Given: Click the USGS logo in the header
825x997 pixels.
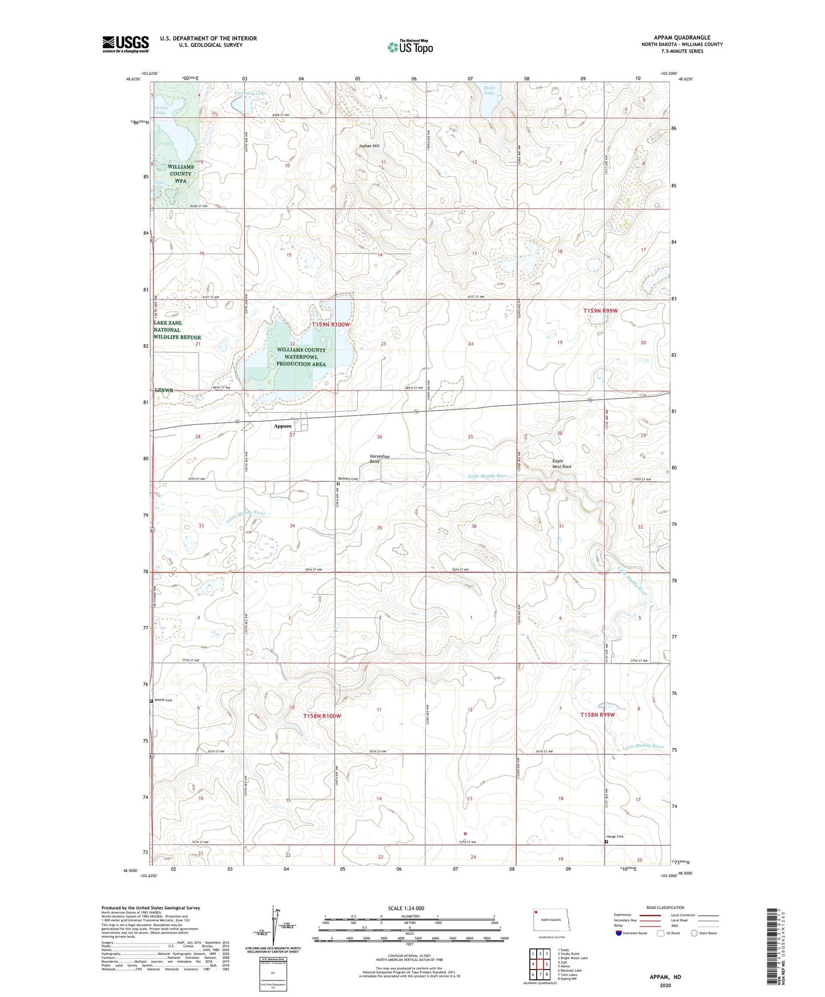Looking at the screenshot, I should [x=125, y=44].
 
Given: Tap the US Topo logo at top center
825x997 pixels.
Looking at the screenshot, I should [x=410, y=46].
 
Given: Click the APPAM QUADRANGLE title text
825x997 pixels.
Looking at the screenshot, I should [x=682, y=38].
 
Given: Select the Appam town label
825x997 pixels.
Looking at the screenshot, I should [x=282, y=426].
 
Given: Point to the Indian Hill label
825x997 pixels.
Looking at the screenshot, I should [x=369, y=146].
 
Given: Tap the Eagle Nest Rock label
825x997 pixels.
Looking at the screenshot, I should [x=561, y=464].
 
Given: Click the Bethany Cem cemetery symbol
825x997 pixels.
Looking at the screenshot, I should [x=338, y=484].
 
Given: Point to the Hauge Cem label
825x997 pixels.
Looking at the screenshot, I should [x=615, y=837].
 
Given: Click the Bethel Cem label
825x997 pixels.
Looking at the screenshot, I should [x=164, y=700].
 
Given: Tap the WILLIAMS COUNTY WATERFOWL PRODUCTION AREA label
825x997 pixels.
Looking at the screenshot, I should [x=301, y=357].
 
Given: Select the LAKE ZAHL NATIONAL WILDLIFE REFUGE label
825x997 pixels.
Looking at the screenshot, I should [x=177, y=330].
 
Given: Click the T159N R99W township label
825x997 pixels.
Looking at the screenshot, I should [x=600, y=311].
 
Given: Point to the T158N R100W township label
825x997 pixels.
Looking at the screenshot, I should [x=322, y=716].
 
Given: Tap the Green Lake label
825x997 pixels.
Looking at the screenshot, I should [x=161, y=110].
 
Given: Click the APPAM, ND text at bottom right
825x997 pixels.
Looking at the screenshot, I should [x=665, y=977].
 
